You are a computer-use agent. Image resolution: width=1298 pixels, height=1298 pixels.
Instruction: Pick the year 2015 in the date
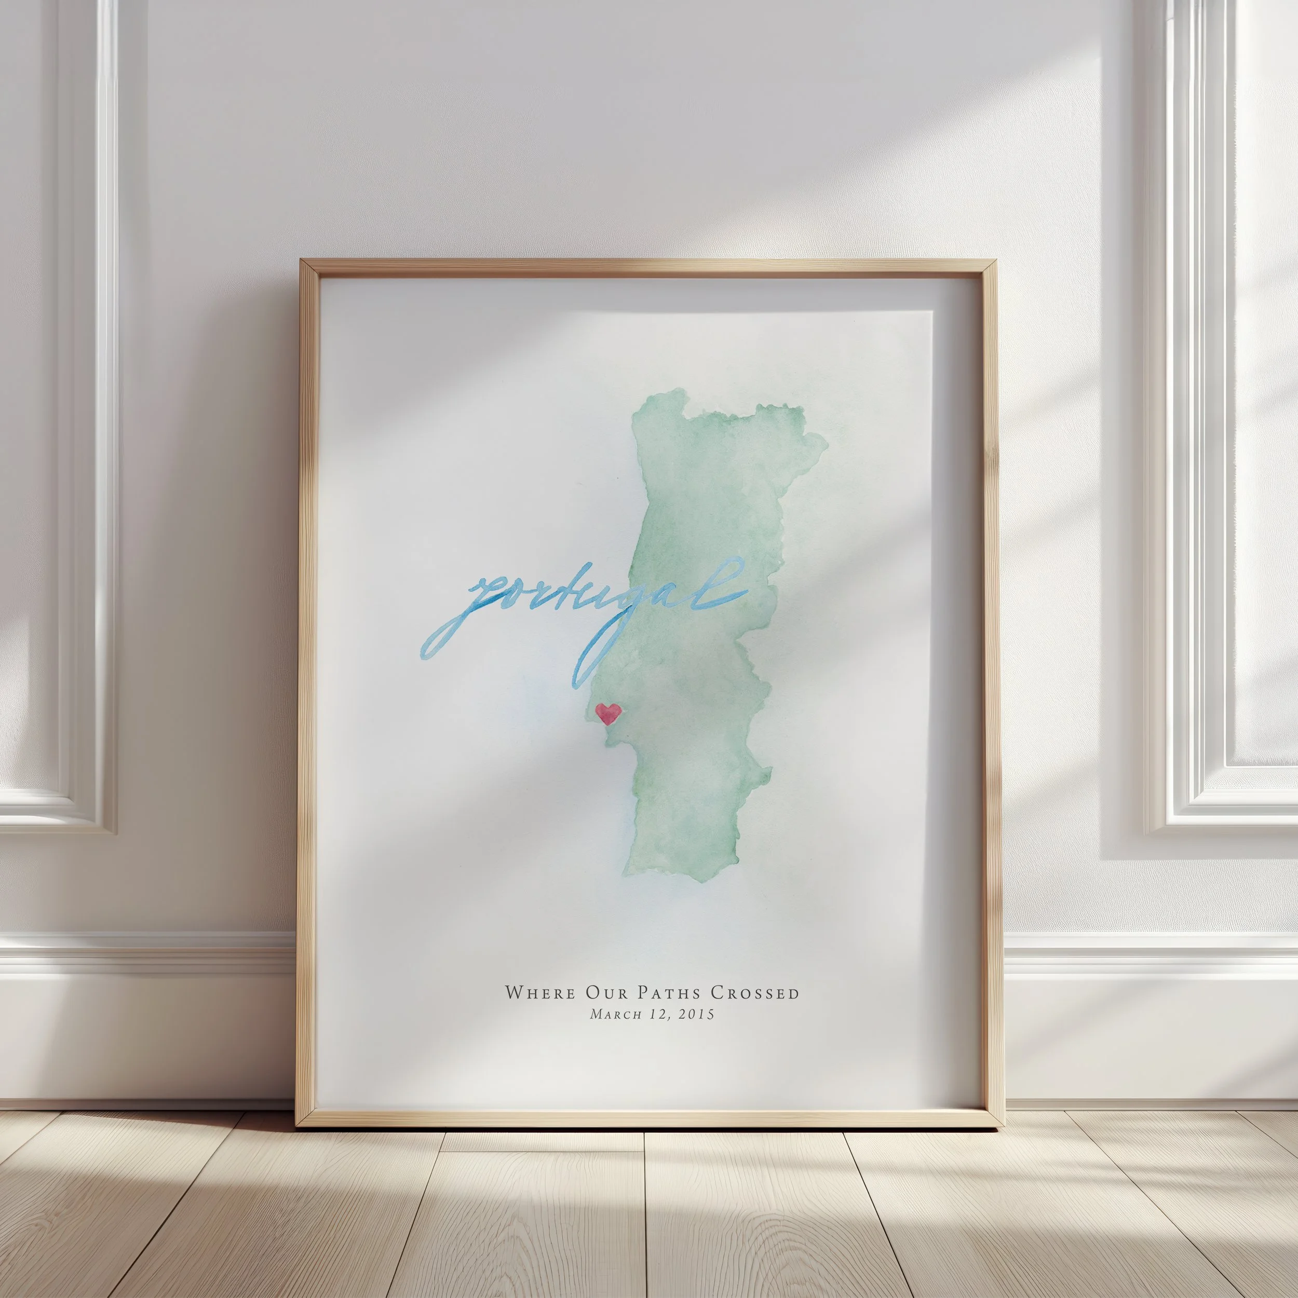point(696,1015)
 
